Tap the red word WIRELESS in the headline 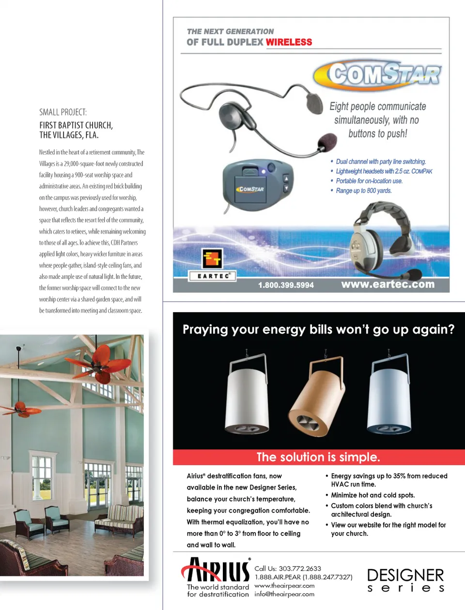click(289, 42)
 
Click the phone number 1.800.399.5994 click(286, 285)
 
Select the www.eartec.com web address click(387, 284)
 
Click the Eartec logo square click(212, 259)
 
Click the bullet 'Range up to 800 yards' click(363, 191)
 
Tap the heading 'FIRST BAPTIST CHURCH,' click(76, 125)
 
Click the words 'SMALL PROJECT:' click(63, 112)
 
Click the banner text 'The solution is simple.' click(318, 457)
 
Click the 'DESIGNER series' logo click(405, 580)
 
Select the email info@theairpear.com click(284, 594)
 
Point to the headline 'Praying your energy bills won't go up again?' click(318, 330)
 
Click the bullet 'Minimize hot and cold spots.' click(372, 495)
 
